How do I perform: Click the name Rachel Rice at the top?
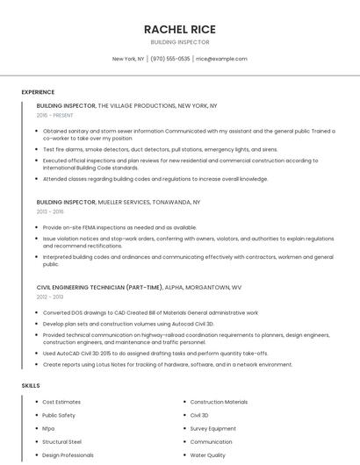coord(180,29)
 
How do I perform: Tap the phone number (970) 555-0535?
coord(170,59)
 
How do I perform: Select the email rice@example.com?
coord(221,59)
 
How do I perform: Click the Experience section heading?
coord(38,92)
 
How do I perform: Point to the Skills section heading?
coord(31,386)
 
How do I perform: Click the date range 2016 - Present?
coord(56,115)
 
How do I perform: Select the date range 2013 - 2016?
coord(50,211)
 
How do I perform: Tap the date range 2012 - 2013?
coord(50,297)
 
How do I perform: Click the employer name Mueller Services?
coord(130,202)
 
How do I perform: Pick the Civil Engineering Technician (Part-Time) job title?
coord(99,287)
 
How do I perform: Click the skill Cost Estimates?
coord(61,402)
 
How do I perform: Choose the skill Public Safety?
coord(59,415)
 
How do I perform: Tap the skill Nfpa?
coord(48,429)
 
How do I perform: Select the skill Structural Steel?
coord(61,442)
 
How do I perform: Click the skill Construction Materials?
coord(219,402)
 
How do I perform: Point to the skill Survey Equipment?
coord(212,429)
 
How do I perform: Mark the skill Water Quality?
coord(208,455)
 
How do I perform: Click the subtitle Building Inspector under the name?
coord(180,42)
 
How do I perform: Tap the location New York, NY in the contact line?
coord(128,59)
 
